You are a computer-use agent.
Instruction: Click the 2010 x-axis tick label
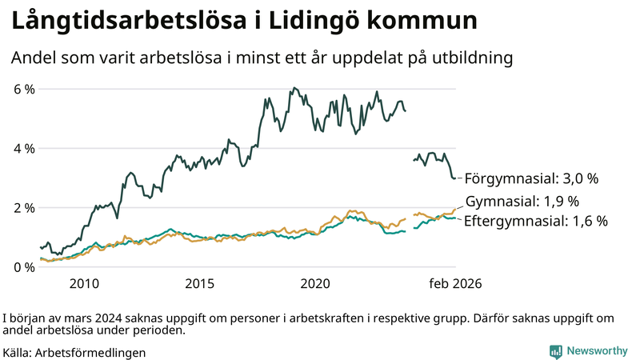pyautogui.click(x=84, y=283)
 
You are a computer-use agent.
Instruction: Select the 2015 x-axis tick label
pyautogui.click(x=200, y=283)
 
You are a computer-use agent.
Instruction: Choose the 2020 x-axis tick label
pyautogui.click(x=315, y=283)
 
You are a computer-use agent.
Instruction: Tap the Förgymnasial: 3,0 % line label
pyautogui.click(x=531, y=178)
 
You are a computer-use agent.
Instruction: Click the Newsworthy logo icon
pyautogui.click(x=555, y=351)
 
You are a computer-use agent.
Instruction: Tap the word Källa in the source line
pyautogui.click(x=18, y=352)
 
